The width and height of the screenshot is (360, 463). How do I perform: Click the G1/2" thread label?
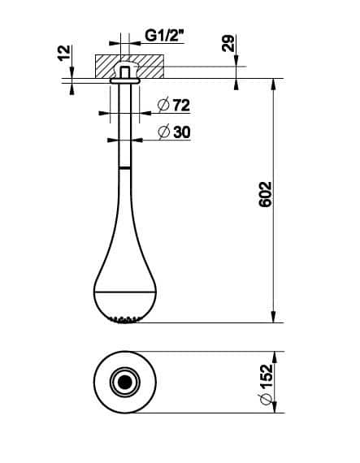click(x=163, y=37)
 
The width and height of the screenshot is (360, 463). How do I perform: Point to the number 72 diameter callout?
click(x=178, y=104)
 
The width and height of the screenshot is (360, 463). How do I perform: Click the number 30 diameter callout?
click(x=178, y=131)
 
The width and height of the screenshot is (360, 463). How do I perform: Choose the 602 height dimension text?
click(x=265, y=197)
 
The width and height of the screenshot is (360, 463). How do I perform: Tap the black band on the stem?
click(x=124, y=167)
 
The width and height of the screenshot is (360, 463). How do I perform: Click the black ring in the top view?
click(x=124, y=382)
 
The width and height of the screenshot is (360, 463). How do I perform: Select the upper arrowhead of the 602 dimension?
click(x=273, y=84)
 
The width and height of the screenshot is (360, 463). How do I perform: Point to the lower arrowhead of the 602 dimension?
click(x=273, y=317)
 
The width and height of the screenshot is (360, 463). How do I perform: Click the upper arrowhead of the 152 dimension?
click(x=273, y=357)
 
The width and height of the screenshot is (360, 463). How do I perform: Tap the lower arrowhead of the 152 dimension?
click(x=273, y=406)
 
